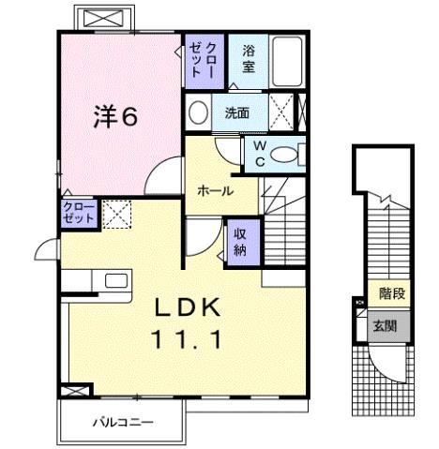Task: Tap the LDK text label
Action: pos(188,307)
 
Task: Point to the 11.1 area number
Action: pos(188,340)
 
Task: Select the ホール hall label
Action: pos(215,190)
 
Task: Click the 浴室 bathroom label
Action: pos(249,59)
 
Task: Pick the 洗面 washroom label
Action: pos(236,113)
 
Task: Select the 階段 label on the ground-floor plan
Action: pos(392,295)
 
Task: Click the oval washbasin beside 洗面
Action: pos(199,113)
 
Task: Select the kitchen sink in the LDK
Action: pos(116,281)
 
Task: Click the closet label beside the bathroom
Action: pos(204,61)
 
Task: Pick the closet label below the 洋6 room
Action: pos(79,212)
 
